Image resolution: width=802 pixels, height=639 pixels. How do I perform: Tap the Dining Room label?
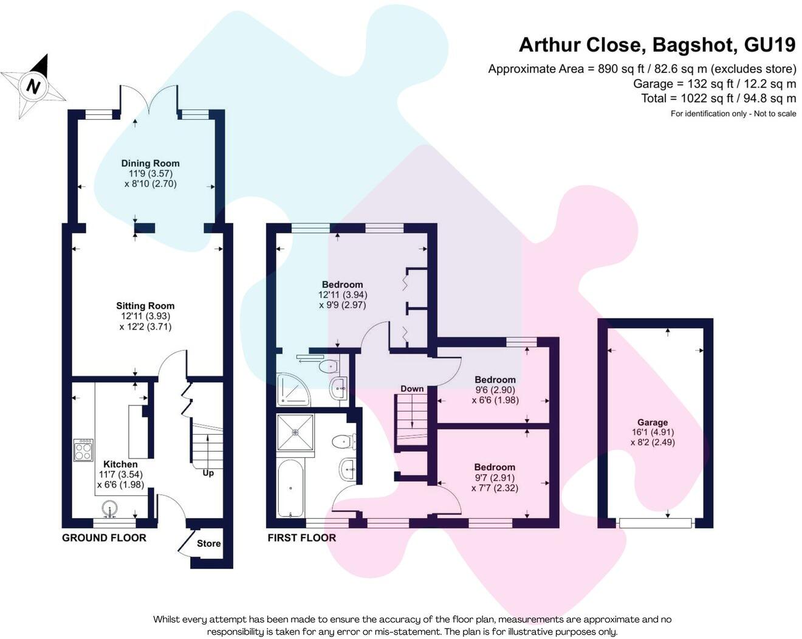[x=150, y=163]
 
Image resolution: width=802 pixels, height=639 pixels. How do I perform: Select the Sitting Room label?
[x=145, y=306]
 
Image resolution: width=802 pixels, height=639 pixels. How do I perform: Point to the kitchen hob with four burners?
[x=83, y=449]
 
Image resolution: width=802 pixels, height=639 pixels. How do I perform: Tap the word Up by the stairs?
[x=208, y=472]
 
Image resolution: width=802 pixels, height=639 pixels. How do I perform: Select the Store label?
[x=208, y=543]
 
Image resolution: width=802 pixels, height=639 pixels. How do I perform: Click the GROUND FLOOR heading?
[x=104, y=537]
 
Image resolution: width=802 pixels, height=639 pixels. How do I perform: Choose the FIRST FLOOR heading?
[x=301, y=537]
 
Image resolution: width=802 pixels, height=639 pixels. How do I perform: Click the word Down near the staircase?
[x=412, y=389]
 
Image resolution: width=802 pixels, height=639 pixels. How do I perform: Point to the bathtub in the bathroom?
[x=290, y=489]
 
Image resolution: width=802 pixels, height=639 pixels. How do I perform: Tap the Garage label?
[x=653, y=422]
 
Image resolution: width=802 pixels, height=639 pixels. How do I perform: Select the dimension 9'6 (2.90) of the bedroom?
[x=495, y=390]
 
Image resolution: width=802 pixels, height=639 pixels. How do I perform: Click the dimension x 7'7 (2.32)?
[x=495, y=488]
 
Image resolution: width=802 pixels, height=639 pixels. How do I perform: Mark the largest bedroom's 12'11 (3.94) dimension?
[x=343, y=294]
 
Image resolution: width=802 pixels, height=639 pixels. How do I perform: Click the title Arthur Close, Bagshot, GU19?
[x=657, y=44]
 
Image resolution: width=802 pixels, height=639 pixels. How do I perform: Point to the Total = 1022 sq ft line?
[x=718, y=98]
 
